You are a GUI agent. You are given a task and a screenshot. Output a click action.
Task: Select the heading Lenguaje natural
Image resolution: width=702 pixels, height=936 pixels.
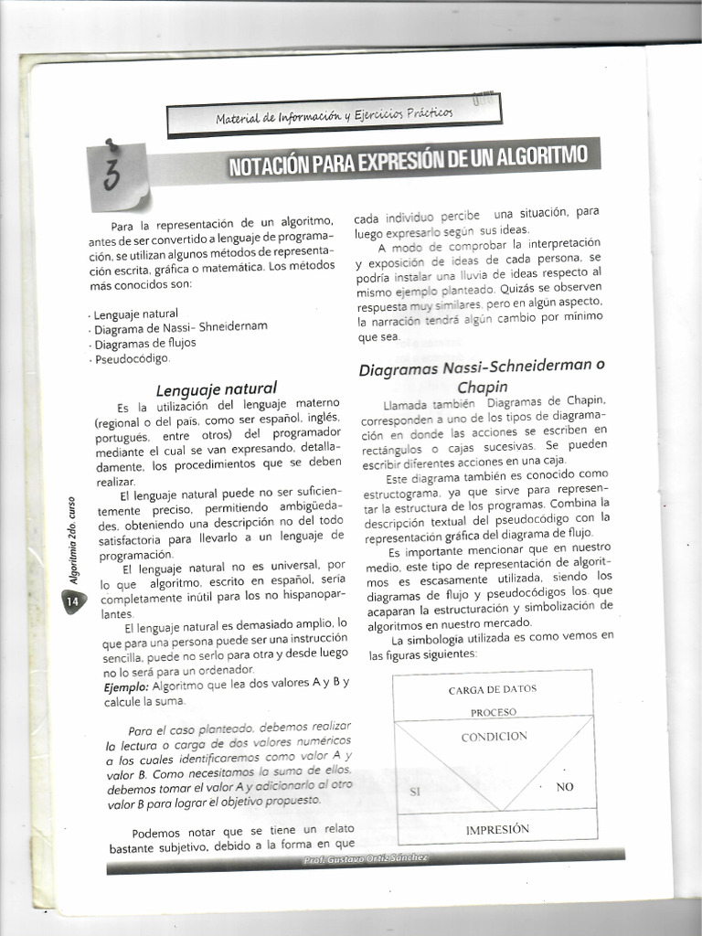[217, 388]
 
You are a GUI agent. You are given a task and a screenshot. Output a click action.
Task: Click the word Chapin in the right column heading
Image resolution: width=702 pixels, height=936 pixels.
[483, 387]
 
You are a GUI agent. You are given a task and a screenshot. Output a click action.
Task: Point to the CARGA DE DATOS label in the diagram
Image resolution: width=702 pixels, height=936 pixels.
[493, 689]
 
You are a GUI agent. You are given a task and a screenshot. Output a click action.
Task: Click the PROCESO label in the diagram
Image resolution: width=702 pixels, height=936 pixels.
[494, 712]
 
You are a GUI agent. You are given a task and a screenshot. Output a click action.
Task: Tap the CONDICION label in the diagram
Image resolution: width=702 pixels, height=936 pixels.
[494, 736]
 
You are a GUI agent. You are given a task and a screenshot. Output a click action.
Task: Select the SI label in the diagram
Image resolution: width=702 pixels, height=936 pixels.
[414, 792]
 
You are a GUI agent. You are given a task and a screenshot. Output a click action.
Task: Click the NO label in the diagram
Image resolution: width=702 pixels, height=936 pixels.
[565, 787]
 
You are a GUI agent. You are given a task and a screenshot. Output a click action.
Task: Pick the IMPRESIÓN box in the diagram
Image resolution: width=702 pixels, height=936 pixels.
[497, 829]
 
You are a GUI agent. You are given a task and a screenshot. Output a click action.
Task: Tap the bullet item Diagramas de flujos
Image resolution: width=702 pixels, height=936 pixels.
[145, 343]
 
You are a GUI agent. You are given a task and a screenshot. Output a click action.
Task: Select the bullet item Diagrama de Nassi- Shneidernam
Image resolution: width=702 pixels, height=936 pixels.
[181, 327]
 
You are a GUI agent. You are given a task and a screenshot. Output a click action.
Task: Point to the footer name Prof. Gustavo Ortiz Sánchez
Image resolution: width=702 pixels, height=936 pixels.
[366, 858]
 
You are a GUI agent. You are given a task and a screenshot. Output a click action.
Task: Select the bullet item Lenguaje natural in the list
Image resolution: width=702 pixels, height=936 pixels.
[136, 314]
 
